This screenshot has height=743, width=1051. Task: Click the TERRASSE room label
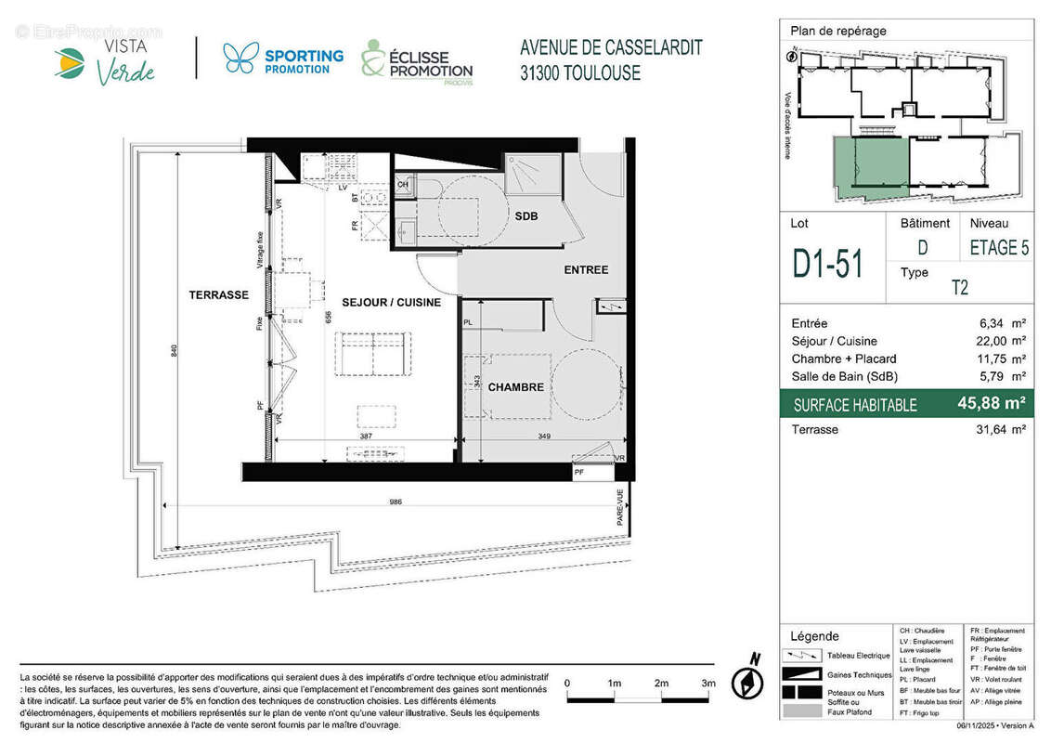click(219, 294)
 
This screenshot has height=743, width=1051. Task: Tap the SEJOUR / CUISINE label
click(391, 302)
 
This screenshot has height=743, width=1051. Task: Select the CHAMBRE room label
click(515, 387)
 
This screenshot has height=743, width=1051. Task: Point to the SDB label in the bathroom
click(526, 216)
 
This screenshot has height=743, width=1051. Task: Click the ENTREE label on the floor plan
click(586, 269)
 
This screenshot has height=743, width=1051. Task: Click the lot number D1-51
click(827, 263)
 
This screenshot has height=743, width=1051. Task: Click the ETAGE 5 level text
click(999, 248)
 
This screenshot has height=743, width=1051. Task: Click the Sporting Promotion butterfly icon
click(240, 59)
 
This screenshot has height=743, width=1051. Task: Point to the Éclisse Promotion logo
click(417, 63)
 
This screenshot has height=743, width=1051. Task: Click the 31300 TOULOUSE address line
click(580, 72)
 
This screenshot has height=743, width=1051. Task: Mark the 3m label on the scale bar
click(708, 683)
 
